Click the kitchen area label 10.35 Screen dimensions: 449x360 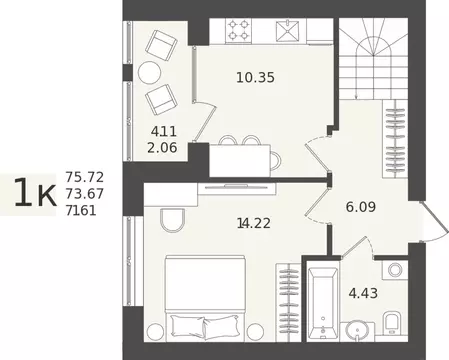[255, 78]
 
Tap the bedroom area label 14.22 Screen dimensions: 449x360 [254, 223]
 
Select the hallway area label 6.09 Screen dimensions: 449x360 [361, 207]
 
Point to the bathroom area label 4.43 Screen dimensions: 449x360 [363, 293]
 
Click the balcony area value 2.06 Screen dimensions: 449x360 [162, 148]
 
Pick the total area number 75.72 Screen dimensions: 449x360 [85, 177]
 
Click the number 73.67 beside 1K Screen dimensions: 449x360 [85, 194]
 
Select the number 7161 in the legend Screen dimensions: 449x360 [81, 211]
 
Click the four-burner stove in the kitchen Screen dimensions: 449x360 [238, 30]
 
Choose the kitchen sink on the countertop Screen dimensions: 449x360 [288, 30]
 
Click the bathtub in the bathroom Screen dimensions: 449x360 [322, 303]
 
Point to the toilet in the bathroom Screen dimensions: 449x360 [391, 323]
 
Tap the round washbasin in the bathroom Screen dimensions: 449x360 [357, 330]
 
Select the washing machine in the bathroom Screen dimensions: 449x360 [395, 270]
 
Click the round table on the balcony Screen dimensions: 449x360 [149, 73]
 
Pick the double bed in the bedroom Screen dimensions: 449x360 [205, 298]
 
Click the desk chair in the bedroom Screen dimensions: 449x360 [172, 220]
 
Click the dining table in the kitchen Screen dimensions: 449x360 [240, 160]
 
